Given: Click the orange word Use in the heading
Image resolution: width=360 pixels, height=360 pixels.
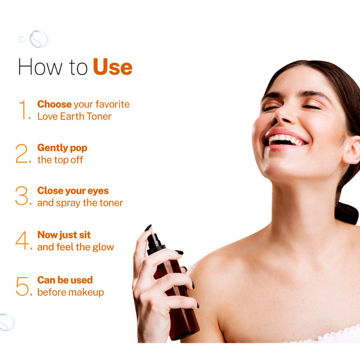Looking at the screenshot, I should click(113, 67).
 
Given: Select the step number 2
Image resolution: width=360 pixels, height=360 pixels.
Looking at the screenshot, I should click(23, 154).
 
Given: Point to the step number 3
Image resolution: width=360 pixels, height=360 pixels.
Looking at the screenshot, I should click(23, 197).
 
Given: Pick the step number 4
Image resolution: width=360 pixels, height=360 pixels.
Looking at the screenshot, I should click(23, 241).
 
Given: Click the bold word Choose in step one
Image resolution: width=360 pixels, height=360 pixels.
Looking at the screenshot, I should click(54, 104).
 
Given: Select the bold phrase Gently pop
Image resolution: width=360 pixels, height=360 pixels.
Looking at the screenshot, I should click(62, 148).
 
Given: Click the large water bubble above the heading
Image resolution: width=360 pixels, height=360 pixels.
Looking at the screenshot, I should click(39, 39).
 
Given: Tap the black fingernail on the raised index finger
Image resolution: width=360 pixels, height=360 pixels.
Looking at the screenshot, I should click(148, 228).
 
